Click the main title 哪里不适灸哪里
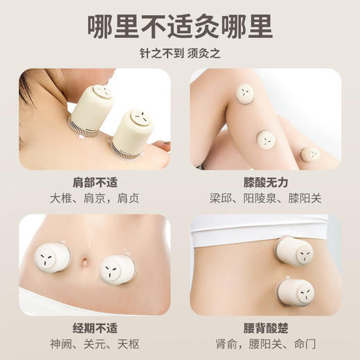click(180, 25)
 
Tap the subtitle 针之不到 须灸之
click(180, 54)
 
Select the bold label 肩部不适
click(94, 182)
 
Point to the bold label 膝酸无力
click(266, 182)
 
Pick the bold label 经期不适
click(94, 328)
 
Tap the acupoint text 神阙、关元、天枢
click(94, 346)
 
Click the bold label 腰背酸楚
click(266, 328)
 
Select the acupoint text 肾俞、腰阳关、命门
click(266, 346)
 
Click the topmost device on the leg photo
click(244, 92)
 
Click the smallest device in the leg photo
click(310, 154)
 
